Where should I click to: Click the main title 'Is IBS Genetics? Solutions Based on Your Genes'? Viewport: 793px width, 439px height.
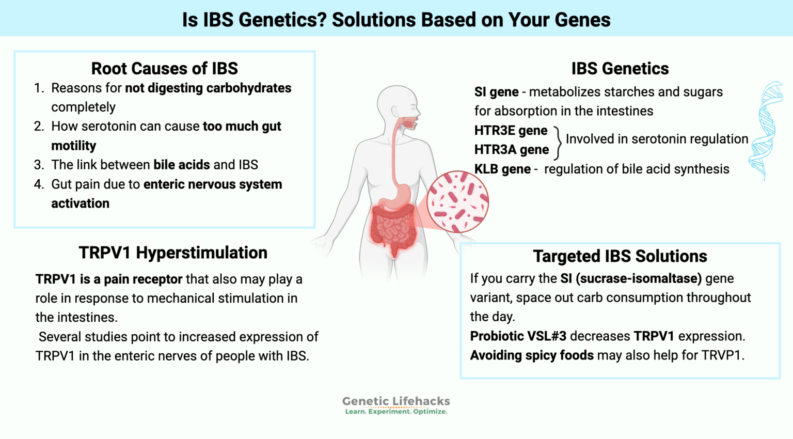pyautogui.click(x=396, y=20)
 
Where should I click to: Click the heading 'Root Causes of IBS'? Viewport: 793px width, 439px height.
pyautogui.click(x=164, y=68)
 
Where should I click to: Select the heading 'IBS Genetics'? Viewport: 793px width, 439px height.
pyautogui.click(x=620, y=68)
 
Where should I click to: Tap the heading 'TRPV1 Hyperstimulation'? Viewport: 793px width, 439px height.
pyautogui.click(x=173, y=253)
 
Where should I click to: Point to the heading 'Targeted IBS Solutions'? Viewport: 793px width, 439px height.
pyautogui.click(x=620, y=256)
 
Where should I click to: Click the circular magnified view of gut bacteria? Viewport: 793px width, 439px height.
pyautogui.click(x=457, y=201)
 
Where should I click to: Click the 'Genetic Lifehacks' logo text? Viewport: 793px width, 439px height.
pyautogui.click(x=396, y=401)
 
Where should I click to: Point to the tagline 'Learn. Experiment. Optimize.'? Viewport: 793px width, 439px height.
pyautogui.click(x=396, y=412)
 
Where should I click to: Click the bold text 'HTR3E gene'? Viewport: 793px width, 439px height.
pyautogui.click(x=511, y=131)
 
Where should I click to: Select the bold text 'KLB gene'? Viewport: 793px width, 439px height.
pyautogui.click(x=502, y=169)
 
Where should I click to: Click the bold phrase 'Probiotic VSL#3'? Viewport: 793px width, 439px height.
pyautogui.click(x=518, y=336)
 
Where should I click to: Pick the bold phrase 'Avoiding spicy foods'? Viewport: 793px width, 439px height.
pyautogui.click(x=532, y=355)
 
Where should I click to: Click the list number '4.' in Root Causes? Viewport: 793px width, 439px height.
pyautogui.click(x=39, y=184)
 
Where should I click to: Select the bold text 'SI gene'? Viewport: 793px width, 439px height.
pyautogui.click(x=496, y=92)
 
